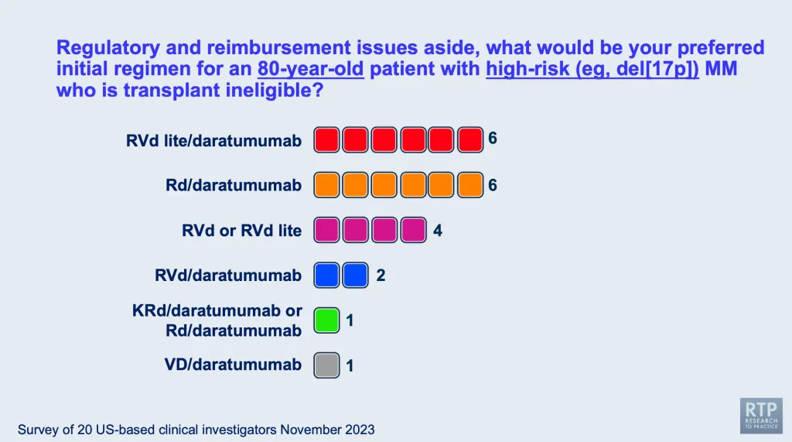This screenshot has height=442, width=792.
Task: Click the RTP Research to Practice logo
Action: (761, 416)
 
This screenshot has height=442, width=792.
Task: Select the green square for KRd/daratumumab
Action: (327, 320)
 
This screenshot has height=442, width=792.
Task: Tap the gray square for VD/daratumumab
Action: (327, 365)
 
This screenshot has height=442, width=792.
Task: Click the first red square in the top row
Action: (327, 139)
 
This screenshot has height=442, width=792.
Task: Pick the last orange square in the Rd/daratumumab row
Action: (470, 184)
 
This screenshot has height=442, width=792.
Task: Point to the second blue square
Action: (356, 275)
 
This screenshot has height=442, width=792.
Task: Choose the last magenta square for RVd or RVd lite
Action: (414, 230)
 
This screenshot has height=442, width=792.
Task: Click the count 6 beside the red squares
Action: (493, 138)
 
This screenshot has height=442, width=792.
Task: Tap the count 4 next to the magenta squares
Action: (438, 231)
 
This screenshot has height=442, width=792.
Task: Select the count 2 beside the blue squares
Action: (381, 275)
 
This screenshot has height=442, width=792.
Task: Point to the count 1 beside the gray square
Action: (350, 365)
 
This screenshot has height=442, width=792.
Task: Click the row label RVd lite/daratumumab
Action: (213, 141)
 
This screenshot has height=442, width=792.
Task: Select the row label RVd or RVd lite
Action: (241, 231)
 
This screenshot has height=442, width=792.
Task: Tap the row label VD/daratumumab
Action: (233, 365)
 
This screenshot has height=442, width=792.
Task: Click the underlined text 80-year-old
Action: (311, 69)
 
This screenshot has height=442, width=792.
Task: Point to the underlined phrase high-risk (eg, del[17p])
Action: (592, 69)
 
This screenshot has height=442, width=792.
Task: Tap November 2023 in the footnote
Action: (327, 430)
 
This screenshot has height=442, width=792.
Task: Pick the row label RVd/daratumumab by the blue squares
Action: (228, 275)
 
